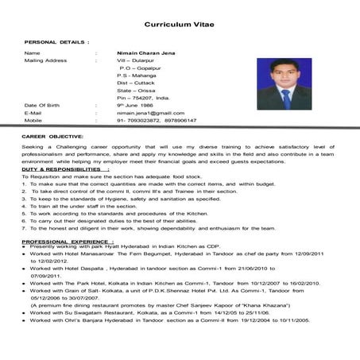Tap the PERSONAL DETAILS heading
pos(56,40)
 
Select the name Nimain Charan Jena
pos(146,52)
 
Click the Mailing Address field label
pos(45,60)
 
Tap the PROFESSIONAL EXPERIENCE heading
pos(67,240)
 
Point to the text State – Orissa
pos(136,90)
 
